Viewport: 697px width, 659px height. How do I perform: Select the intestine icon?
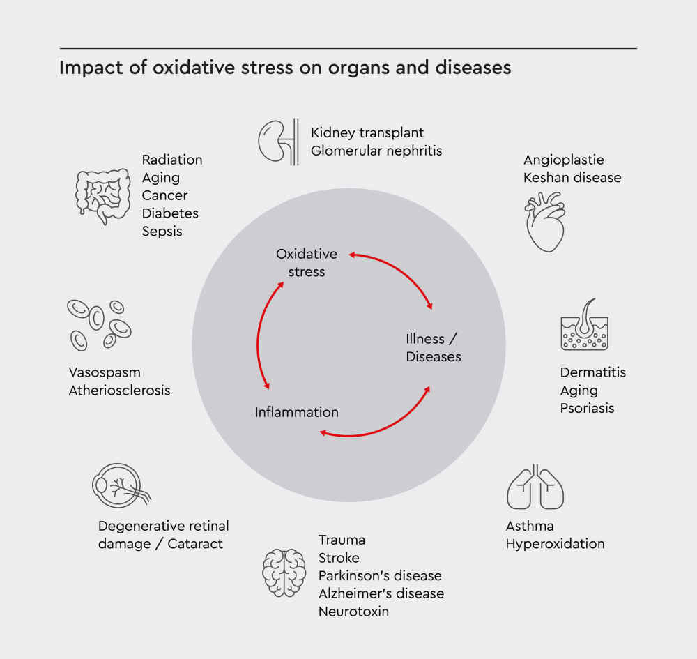[102, 195]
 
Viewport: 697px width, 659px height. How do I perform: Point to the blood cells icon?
[98, 324]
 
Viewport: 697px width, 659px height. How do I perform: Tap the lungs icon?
[535, 486]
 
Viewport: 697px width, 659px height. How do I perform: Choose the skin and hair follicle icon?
[584, 325]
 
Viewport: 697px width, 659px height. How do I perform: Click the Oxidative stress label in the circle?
[307, 263]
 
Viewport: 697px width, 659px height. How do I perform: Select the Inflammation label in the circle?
[297, 412]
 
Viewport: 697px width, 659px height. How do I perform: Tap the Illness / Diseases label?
[433, 347]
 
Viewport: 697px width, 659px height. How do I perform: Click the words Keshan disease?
[572, 178]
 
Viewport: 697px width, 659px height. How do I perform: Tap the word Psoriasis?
[587, 408]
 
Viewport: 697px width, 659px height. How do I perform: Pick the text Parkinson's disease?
[380, 576]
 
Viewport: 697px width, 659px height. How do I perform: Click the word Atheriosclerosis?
[119, 391]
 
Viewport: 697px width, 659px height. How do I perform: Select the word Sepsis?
[162, 231]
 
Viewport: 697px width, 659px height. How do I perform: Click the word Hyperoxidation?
[555, 544]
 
